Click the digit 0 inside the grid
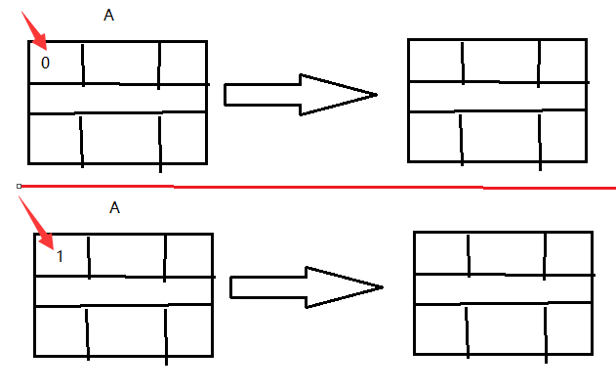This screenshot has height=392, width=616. (x=45, y=63)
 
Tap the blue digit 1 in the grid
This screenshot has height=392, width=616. (x=60, y=256)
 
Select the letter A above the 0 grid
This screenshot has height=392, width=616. (x=106, y=16)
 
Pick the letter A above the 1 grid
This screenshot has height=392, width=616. (x=114, y=207)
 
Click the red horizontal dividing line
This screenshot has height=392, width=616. (x=312, y=185)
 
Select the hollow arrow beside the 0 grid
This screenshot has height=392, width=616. (x=298, y=94)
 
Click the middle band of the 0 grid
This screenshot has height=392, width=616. (x=118, y=99)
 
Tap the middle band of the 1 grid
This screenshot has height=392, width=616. (x=124, y=290)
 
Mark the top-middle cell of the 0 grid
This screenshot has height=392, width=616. (x=120, y=63)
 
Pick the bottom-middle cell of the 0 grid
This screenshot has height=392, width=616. (x=121, y=139)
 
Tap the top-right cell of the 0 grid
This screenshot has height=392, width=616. (x=184, y=63)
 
